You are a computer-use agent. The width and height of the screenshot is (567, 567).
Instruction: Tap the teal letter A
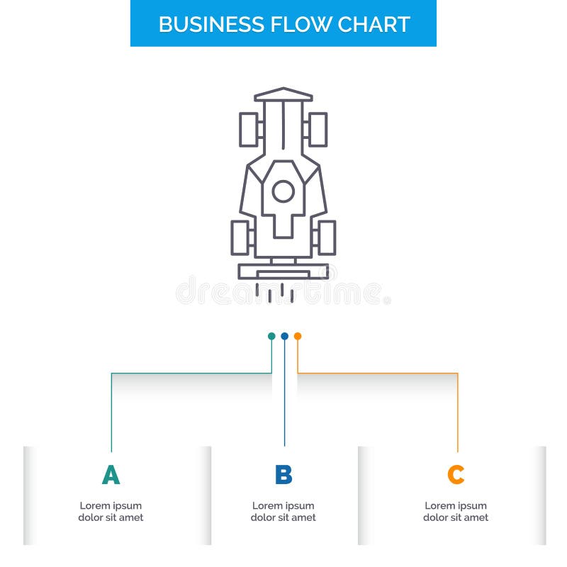point(111,475)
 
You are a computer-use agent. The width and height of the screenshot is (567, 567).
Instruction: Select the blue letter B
point(283,475)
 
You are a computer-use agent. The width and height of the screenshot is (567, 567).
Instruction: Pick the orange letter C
point(456,475)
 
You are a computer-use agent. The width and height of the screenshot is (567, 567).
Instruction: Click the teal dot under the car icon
point(271,336)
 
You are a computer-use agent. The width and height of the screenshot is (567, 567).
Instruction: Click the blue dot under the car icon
point(284,336)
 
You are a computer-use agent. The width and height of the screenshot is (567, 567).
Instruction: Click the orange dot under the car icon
point(298,336)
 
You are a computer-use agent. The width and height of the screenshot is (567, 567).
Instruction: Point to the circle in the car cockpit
point(283,191)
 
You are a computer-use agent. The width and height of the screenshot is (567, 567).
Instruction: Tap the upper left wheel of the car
point(249,130)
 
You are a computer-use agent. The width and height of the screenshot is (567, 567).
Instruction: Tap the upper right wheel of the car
point(318,130)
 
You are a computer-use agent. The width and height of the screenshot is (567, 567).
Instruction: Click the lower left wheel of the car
point(240,237)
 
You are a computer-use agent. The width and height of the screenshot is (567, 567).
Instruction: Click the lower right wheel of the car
point(326,237)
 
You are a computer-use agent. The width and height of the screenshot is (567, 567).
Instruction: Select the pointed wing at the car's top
point(283,94)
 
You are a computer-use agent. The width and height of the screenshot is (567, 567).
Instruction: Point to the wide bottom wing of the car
point(283,271)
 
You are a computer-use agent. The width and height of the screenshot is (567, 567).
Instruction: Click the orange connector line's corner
point(457,373)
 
